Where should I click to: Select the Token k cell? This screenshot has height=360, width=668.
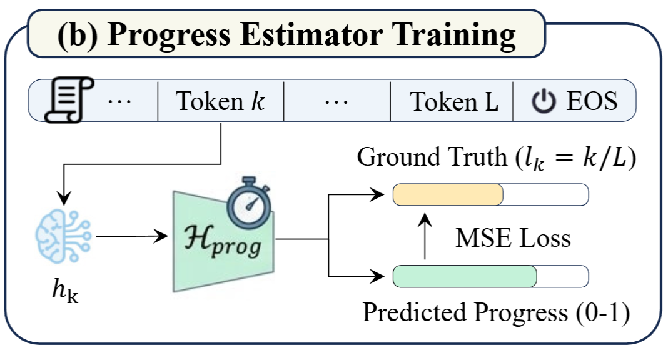(220, 101)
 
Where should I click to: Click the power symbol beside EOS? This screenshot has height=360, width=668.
(544, 101)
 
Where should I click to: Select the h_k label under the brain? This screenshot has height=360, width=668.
(63, 291)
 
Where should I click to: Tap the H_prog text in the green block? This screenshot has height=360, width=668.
(225, 242)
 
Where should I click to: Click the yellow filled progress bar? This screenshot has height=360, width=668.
(448, 195)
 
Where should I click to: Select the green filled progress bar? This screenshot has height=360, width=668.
(465, 276)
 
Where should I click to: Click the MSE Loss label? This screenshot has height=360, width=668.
(512, 238)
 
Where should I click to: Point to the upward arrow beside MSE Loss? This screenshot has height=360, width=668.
(425, 236)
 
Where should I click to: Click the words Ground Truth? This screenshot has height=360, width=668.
(431, 157)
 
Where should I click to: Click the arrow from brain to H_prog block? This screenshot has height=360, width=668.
(131, 236)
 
